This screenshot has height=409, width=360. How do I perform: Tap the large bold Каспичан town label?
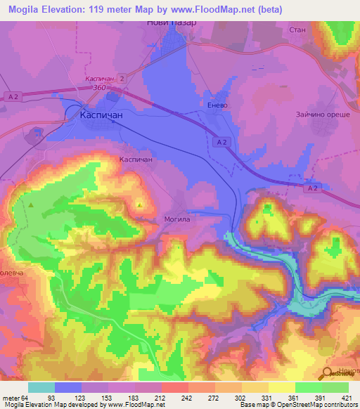pos(101,113)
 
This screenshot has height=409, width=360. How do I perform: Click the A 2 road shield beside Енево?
pos(221,143)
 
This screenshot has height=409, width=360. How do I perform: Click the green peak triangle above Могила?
pos(141,206)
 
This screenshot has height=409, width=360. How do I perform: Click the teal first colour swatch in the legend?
pos(41,387)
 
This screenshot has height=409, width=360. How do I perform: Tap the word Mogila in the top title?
pos(27,8)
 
